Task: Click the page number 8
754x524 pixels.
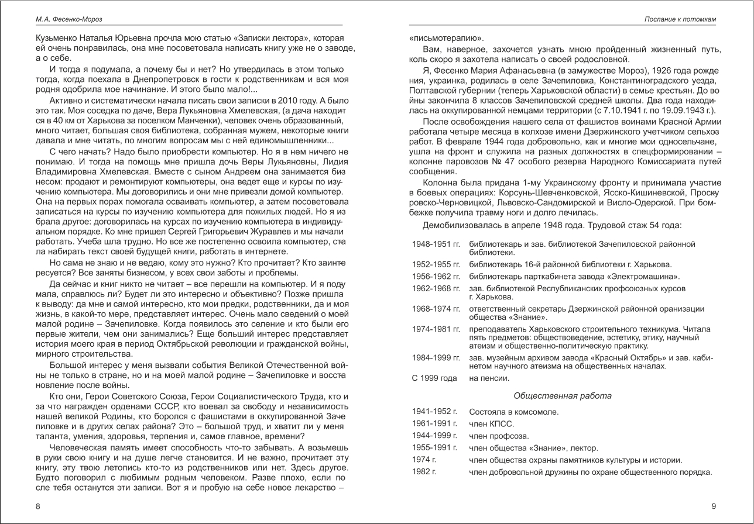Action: pos(38,506)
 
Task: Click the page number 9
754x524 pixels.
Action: pos(714,506)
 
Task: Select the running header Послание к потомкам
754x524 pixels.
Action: pos(680,19)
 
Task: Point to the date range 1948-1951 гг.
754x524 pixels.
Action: pos(436,243)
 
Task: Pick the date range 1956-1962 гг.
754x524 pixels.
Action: pos(436,276)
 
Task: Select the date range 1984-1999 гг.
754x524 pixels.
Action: pos(436,357)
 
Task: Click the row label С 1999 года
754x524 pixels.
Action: pos(434,378)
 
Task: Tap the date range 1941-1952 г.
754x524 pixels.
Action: pos(434,412)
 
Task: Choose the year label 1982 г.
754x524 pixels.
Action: pos(424,472)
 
